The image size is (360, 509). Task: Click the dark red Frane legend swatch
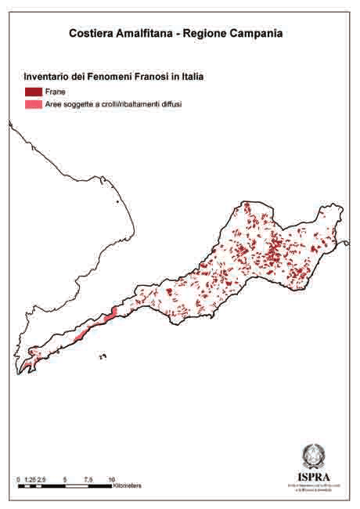pos(33,92)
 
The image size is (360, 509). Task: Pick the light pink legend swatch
pos(33,103)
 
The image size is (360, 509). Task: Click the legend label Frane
pos(55,92)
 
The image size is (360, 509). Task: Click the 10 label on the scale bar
pos(112,479)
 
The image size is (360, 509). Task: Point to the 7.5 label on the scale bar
pos(88,479)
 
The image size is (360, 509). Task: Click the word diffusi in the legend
pos(168,103)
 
